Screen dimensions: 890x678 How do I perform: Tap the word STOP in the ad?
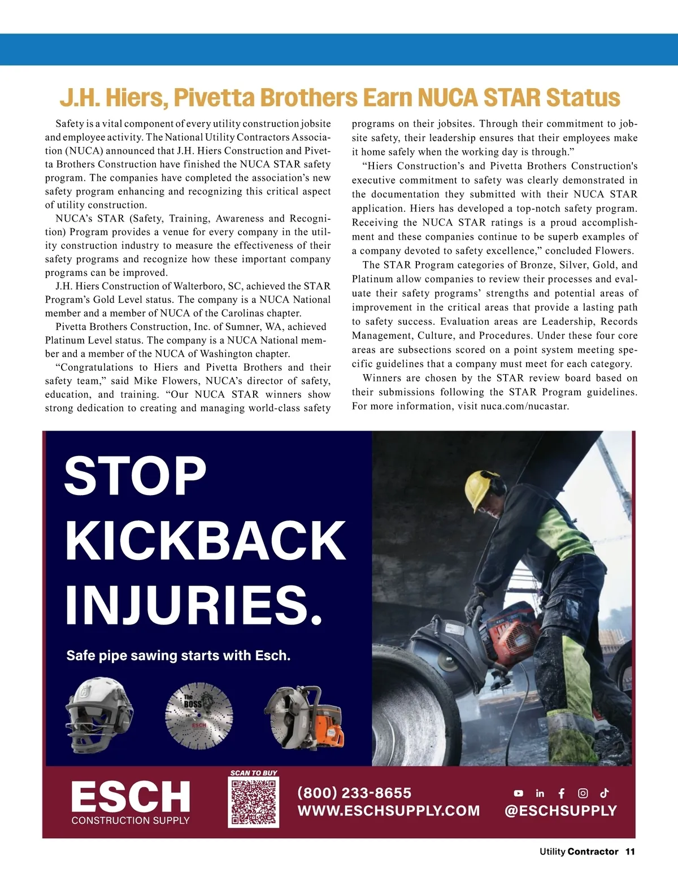coord(136,476)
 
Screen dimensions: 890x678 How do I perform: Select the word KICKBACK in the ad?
coord(206,541)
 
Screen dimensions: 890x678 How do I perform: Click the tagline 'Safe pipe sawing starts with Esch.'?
coord(179,655)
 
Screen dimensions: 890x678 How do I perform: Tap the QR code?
coord(254,802)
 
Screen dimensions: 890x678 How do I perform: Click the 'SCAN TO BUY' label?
coord(254,772)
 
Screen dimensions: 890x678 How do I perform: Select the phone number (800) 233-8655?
coord(354,793)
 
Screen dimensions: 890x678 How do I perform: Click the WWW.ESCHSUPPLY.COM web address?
coord(389,811)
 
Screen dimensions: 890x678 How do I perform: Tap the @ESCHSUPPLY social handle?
coord(560,811)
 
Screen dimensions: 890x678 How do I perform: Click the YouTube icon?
coord(519,793)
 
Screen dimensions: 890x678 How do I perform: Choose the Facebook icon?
coord(562,793)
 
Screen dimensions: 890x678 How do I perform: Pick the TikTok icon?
coord(605,793)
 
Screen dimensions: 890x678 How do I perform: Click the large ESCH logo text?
coord(131,796)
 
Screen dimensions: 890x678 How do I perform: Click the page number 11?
coord(630,852)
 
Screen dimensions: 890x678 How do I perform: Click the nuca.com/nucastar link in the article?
coord(524,406)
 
